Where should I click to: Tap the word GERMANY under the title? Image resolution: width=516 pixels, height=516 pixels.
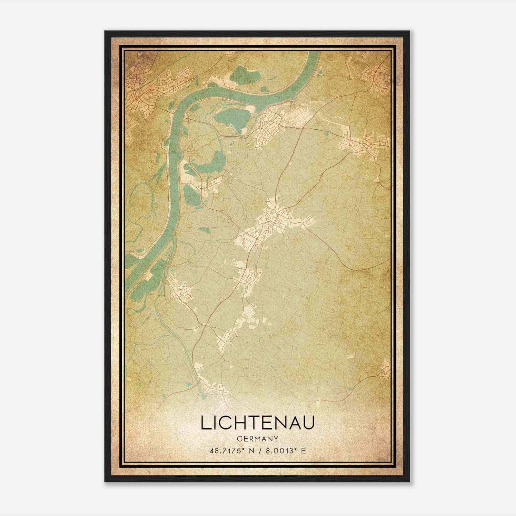coord(257,439)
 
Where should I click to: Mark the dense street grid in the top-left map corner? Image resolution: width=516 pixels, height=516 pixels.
coord(142,87)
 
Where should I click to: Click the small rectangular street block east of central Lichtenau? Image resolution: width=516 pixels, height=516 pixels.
coord(309,221)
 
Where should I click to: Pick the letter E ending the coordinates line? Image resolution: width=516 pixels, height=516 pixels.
coord(303,451)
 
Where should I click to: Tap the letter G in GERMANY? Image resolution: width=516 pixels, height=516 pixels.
coord(239,439)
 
